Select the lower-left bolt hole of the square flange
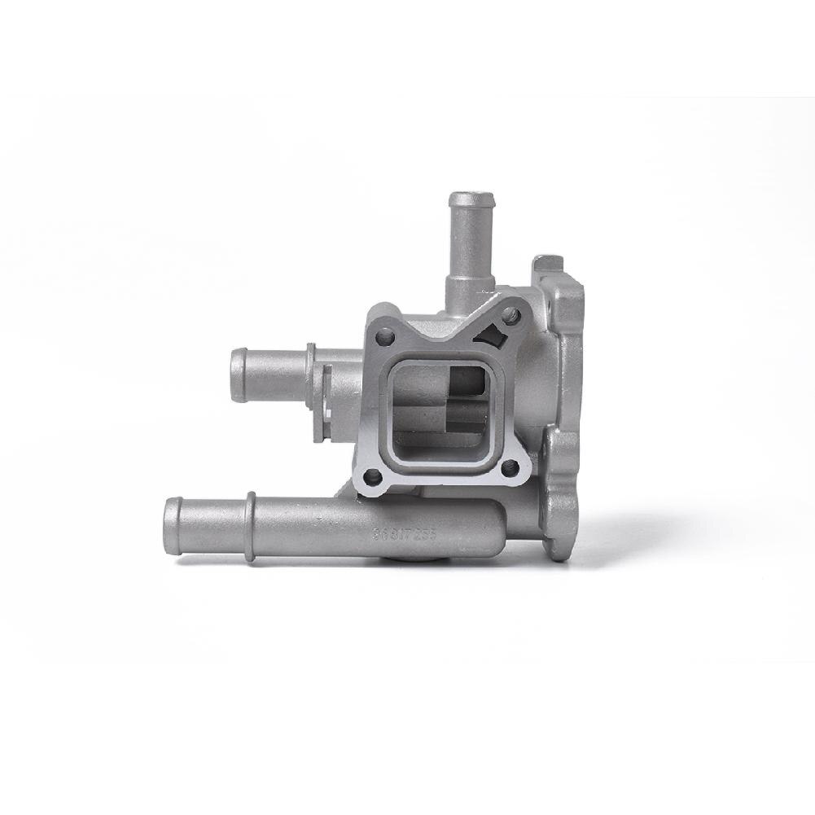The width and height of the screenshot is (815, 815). coord(372,477)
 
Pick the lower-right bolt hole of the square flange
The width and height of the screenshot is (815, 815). coord(509,468)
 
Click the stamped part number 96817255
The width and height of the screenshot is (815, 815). coord(405,535)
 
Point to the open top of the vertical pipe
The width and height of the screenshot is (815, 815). coord(471,199)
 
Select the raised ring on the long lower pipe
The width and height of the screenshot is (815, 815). coord(250,527)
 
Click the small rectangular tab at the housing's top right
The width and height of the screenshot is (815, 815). coord(548,268)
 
